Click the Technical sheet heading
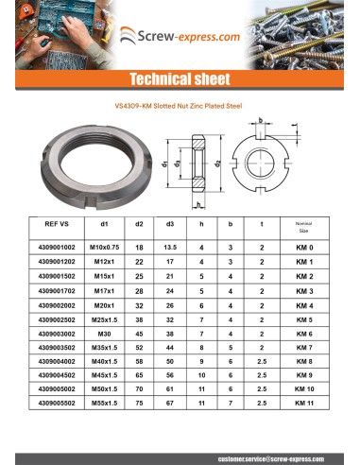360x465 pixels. point(179,78)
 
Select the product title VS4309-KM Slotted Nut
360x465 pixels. point(179,107)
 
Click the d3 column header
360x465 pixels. point(169,226)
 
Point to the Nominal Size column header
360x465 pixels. point(303,227)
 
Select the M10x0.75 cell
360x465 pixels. point(107,247)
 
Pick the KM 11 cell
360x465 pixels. point(303,403)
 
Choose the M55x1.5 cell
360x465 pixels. point(107,403)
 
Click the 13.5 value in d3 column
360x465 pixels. point(169,247)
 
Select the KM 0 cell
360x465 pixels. point(303,247)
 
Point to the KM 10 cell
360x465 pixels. point(303,388)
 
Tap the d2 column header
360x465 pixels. point(139,226)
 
